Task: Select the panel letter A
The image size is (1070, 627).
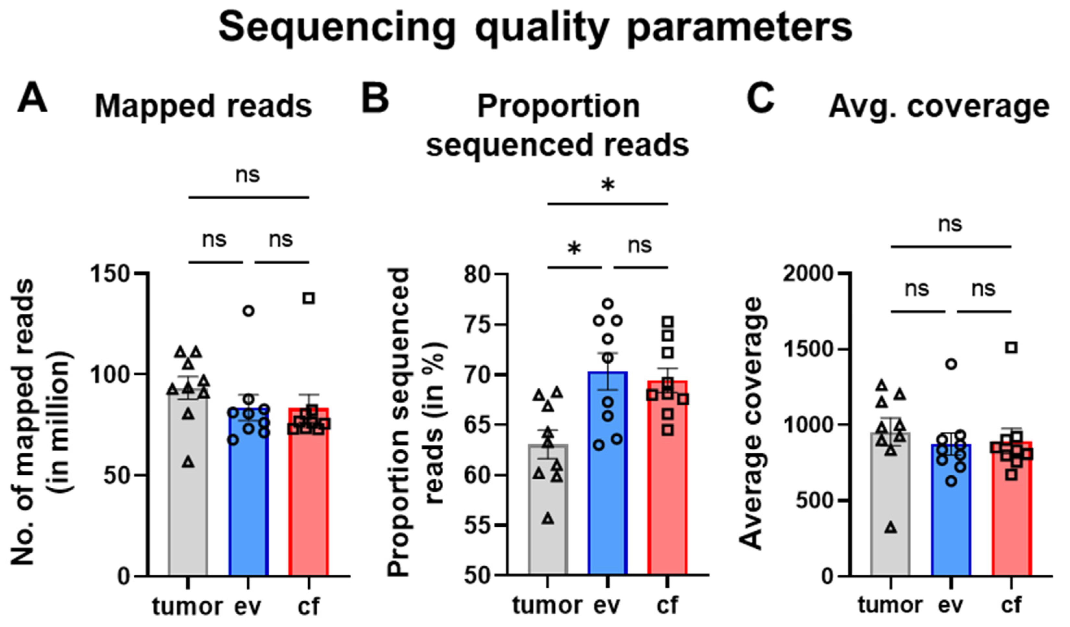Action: (x=32, y=99)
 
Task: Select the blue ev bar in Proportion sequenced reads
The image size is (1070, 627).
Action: (x=608, y=489)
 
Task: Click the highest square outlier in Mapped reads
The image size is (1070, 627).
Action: (x=309, y=298)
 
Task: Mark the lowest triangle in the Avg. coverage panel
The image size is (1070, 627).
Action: (x=891, y=528)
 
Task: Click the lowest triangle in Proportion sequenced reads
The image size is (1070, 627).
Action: (x=548, y=519)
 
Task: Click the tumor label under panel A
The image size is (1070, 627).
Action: (x=187, y=606)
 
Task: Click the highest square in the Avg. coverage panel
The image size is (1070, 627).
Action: (x=1012, y=347)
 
